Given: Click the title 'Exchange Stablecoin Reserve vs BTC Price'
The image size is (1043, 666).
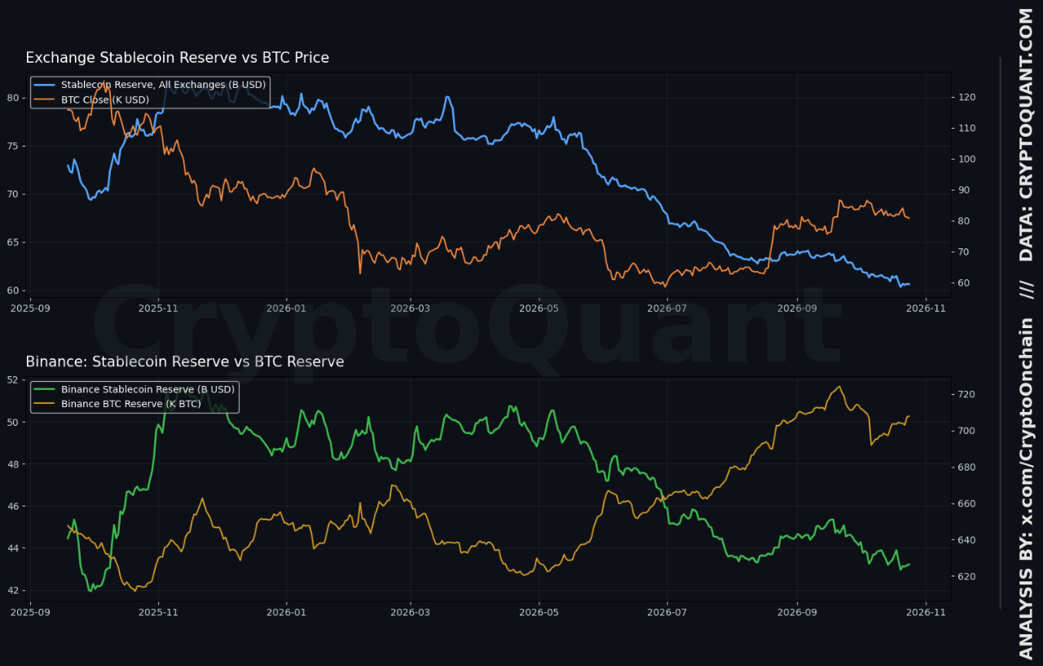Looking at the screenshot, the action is point(177,58).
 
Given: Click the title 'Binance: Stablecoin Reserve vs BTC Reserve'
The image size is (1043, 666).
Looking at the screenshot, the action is point(185,361).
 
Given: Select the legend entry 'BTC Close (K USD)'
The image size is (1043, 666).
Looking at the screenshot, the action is point(105,100).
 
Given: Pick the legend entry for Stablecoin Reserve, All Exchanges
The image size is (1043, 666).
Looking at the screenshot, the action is point(164,85).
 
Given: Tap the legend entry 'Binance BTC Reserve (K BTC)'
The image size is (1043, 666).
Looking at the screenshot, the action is point(131,404).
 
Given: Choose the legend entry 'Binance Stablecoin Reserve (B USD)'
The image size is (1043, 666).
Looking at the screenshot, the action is point(148,389).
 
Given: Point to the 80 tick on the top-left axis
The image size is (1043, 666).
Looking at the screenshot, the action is point(13,98).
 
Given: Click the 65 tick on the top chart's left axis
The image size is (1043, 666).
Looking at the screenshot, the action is point(13,243).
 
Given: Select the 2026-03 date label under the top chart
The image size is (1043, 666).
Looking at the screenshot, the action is point(410,309).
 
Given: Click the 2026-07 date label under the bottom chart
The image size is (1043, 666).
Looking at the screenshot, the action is point(667,612).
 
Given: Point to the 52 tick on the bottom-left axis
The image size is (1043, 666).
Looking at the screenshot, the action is point(13,380).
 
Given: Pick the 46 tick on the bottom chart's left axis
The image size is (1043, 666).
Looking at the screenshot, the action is point(13,506).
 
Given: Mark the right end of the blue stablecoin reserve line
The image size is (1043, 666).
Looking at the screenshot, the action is point(909,284).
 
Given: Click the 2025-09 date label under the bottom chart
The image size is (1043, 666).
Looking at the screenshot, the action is point(30,612).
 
